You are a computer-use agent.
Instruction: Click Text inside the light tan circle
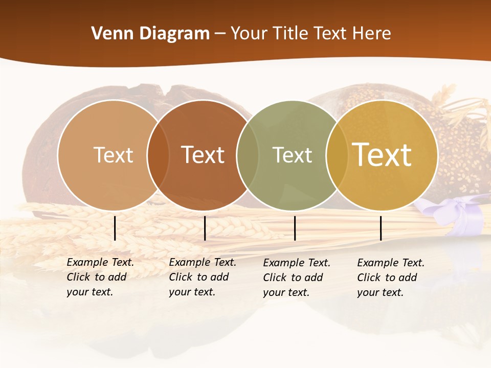coord(113,155)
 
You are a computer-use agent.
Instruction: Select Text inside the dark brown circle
coord(203,155)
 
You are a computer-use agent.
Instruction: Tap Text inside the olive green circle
coord(292,155)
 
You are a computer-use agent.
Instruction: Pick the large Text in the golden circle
coord(382,155)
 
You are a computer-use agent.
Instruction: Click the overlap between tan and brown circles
coord(158,155)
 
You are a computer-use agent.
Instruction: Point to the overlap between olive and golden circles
coord(337,155)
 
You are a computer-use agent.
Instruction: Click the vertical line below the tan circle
coord(115,228)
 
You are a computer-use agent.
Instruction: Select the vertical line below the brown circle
coord(205,228)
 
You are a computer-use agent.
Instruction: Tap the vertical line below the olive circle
coord(295,228)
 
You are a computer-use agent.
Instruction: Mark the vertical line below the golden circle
coord(381,228)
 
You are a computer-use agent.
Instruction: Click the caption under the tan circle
coord(100,277)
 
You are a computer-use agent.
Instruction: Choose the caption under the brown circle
coord(202,277)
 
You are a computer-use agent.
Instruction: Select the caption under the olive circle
coord(296,278)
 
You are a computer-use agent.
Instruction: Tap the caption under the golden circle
coord(390,278)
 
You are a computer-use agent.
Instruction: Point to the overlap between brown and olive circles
coord(248,155)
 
